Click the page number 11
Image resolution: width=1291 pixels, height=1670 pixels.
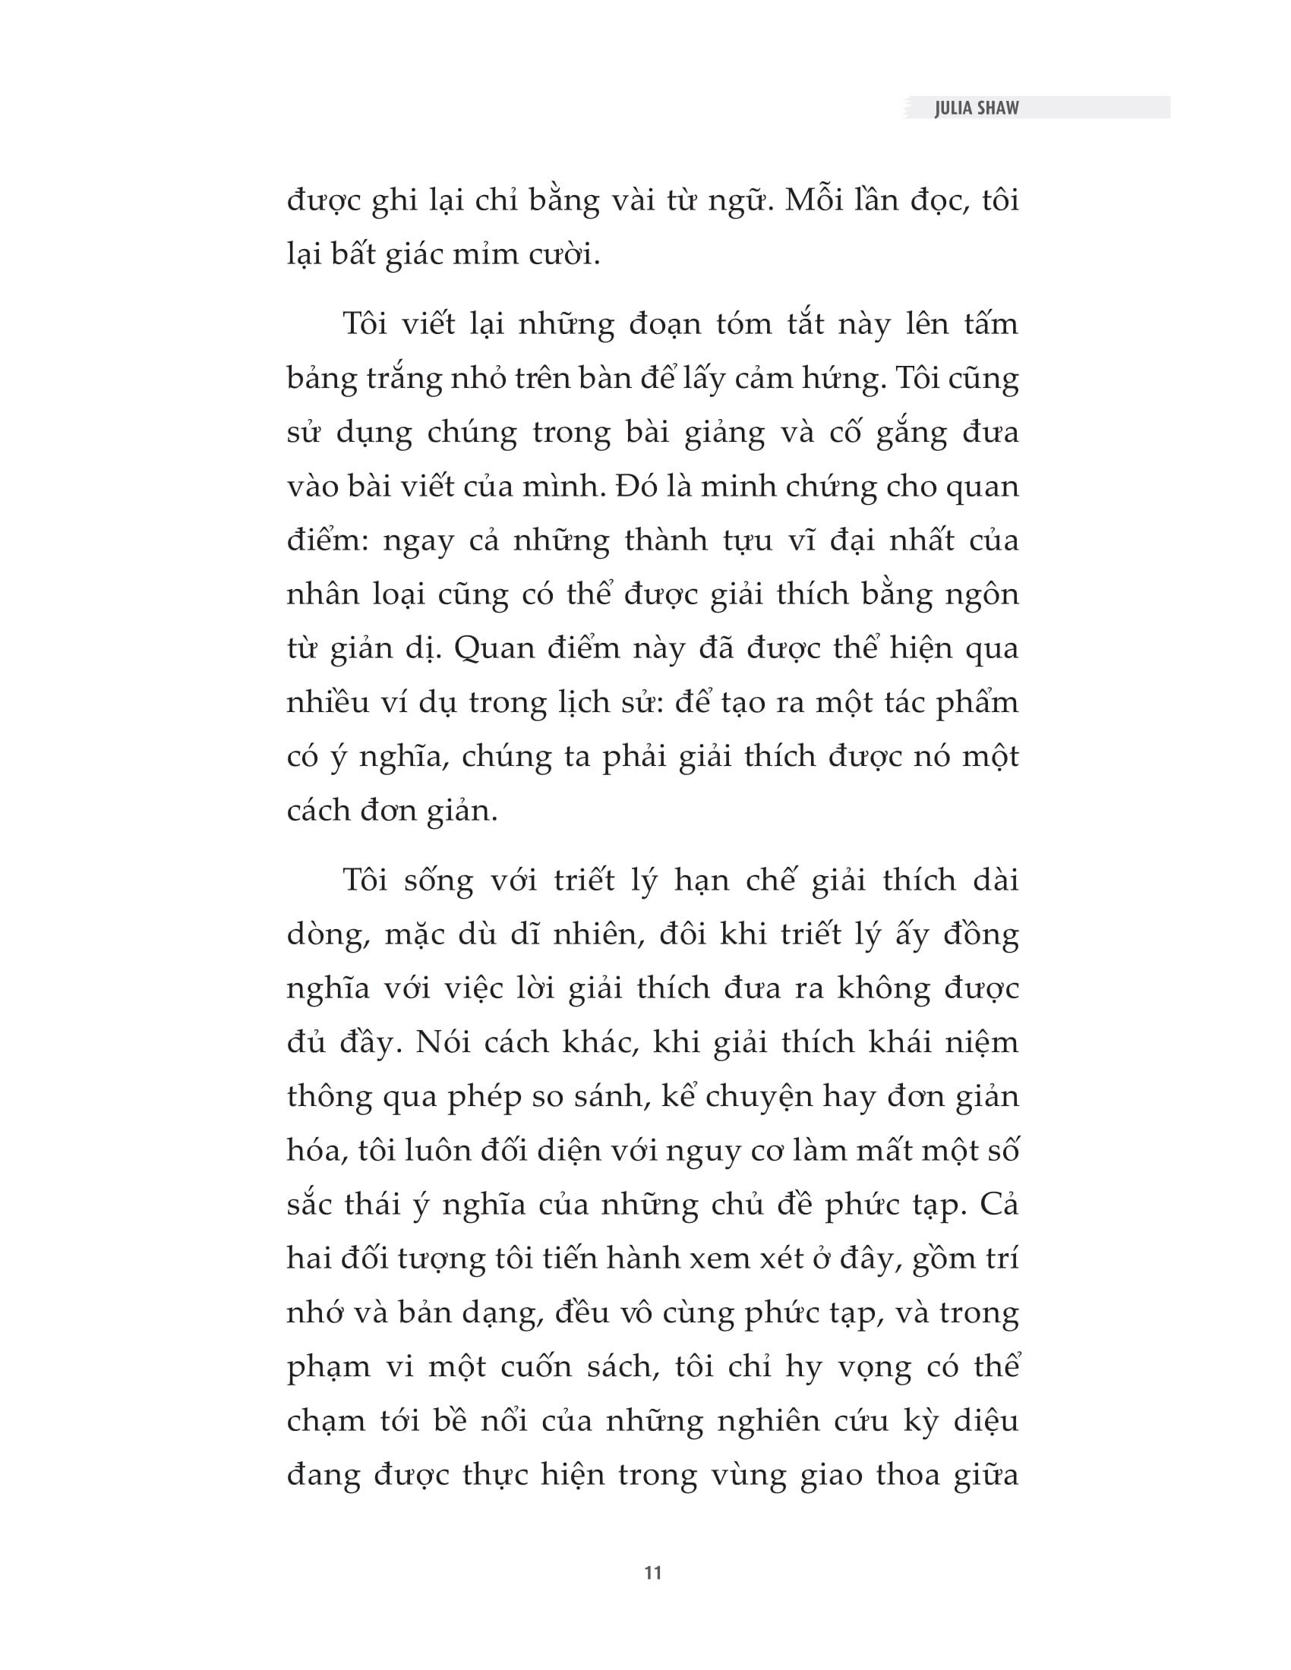tap(652, 1573)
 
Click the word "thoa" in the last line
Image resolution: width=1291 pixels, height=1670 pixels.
tap(907, 1474)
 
